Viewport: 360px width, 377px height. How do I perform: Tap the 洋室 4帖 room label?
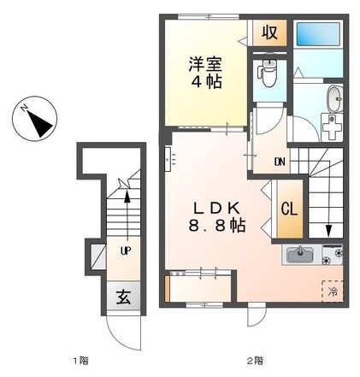[205, 73]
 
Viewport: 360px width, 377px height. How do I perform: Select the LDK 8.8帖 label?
[216, 217]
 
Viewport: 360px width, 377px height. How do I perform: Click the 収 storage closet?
[269, 32]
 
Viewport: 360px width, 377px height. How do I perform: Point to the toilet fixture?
[268, 73]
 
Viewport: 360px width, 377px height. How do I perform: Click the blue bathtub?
[318, 34]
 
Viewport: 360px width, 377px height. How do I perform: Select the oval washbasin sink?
[335, 99]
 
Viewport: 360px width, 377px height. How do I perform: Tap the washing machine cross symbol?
[332, 127]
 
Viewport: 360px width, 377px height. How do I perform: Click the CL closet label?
[290, 209]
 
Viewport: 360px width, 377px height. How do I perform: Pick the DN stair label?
[280, 162]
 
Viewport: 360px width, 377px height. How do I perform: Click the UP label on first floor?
[126, 250]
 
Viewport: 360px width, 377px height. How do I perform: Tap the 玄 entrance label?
[123, 297]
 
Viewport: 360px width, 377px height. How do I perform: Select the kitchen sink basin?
[300, 254]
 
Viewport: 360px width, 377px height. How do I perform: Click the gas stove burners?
[333, 255]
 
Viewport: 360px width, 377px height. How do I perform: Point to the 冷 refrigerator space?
[333, 292]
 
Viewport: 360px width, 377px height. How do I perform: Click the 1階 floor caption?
[81, 362]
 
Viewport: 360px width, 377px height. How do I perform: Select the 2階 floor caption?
[255, 362]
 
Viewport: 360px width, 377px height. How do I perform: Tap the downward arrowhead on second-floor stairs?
[328, 231]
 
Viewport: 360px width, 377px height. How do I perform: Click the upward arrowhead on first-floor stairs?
[127, 197]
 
